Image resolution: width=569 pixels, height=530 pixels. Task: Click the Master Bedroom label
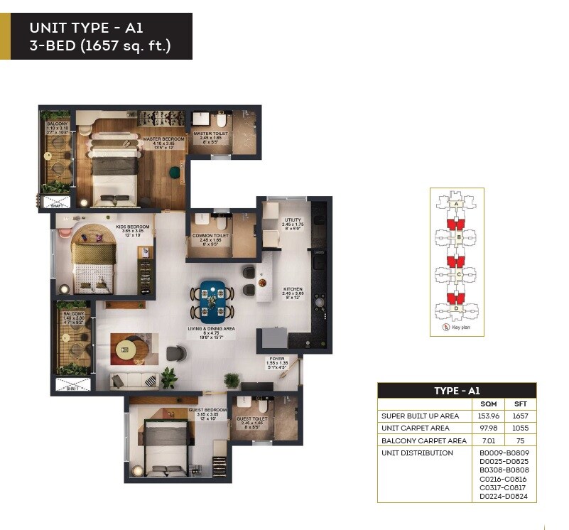tap(163, 139)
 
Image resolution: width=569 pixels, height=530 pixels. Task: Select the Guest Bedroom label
tap(207, 410)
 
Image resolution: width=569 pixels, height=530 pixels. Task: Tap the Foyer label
tap(277, 359)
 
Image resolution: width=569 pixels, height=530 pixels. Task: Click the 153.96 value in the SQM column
tap(487, 416)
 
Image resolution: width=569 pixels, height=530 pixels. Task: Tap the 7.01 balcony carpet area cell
tap(487, 440)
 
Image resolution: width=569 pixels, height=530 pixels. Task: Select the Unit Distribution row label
tap(417, 453)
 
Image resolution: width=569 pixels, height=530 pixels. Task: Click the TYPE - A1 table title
tap(457, 390)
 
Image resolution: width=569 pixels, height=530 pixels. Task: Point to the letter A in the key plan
tap(457, 204)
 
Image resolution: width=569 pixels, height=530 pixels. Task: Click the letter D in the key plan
tap(457, 308)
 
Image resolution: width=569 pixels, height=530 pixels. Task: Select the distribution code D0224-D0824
tap(504, 497)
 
